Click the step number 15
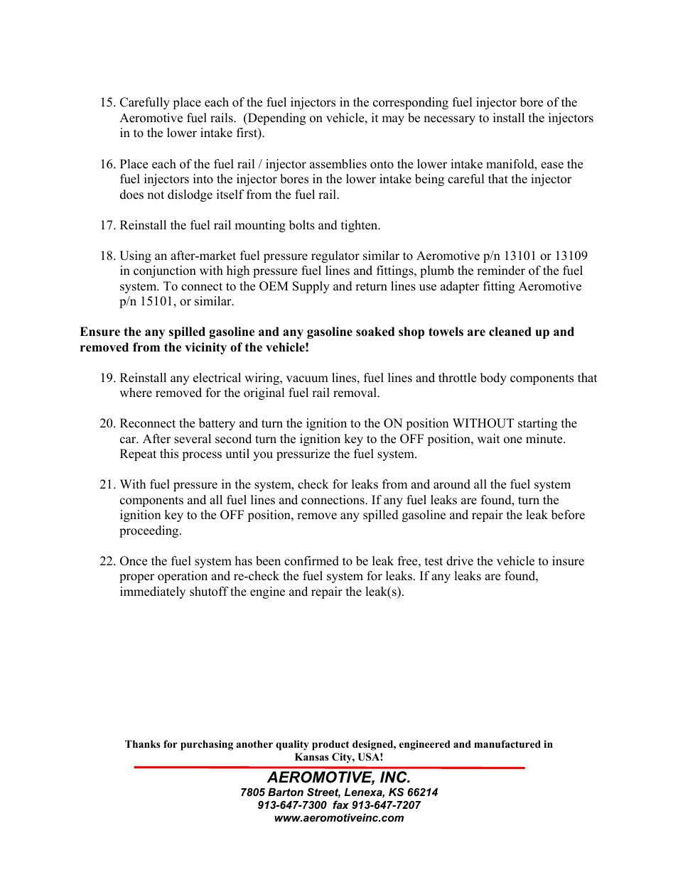pos(107,103)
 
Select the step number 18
pos(107,256)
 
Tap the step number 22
pos(107,562)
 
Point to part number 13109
pos(571,256)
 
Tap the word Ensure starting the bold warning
pos(100,332)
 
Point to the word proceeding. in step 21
pos(150,531)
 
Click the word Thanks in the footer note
pos(142,745)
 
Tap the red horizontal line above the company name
pos(329,768)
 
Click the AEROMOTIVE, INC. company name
pos(339,778)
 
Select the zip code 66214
pos(422,792)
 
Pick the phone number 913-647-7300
pos(291,805)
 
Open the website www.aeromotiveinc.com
pos(339,818)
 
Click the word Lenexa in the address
pos(362,792)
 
